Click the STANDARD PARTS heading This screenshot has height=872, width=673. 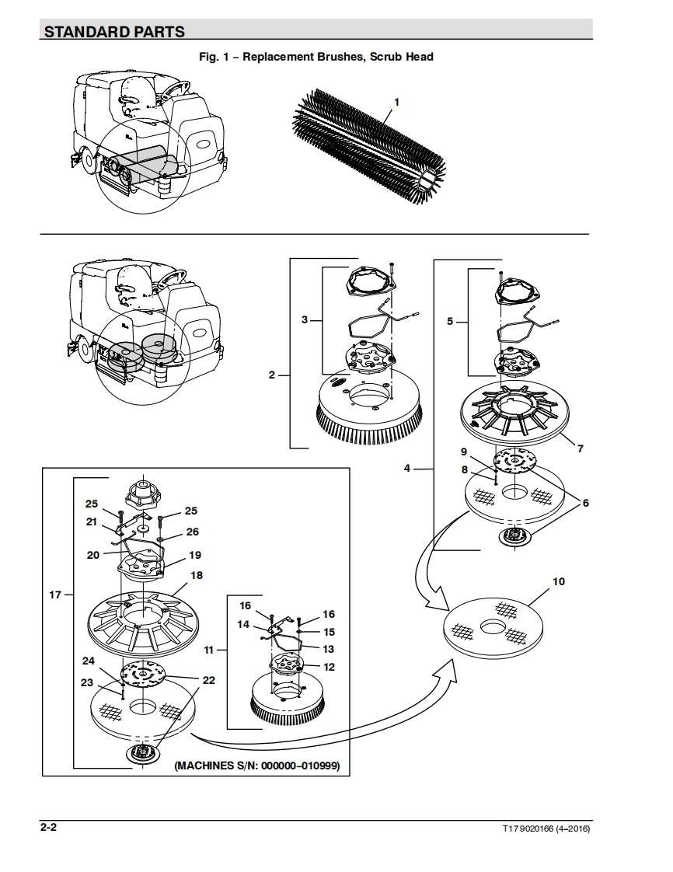pyautogui.click(x=114, y=32)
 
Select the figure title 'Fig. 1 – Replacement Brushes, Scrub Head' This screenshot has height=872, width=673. pyautogui.click(x=316, y=57)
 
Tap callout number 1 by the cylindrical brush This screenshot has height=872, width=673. pyautogui.click(x=396, y=102)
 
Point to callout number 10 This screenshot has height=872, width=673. pyautogui.click(x=559, y=581)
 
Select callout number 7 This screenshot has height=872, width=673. pyautogui.click(x=580, y=448)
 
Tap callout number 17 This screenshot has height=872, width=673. pyautogui.click(x=55, y=595)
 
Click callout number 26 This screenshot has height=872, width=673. pyautogui.click(x=193, y=532)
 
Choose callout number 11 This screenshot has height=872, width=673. pyautogui.click(x=209, y=650)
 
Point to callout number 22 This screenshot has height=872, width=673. pyautogui.click(x=208, y=680)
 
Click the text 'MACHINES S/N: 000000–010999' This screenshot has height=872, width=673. pyautogui.click(x=257, y=766)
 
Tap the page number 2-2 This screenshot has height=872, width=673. pyautogui.click(x=48, y=827)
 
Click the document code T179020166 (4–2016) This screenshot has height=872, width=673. pyautogui.click(x=546, y=828)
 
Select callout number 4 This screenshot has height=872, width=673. pyautogui.click(x=407, y=469)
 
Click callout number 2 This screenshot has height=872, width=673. pyautogui.click(x=272, y=375)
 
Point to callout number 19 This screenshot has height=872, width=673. pyautogui.click(x=194, y=555)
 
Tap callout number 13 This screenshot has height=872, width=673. pyautogui.click(x=328, y=649)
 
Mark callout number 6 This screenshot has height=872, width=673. pyautogui.click(x=586, y=503)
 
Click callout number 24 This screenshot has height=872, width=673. pyautogui.click(x=89, y=661)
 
